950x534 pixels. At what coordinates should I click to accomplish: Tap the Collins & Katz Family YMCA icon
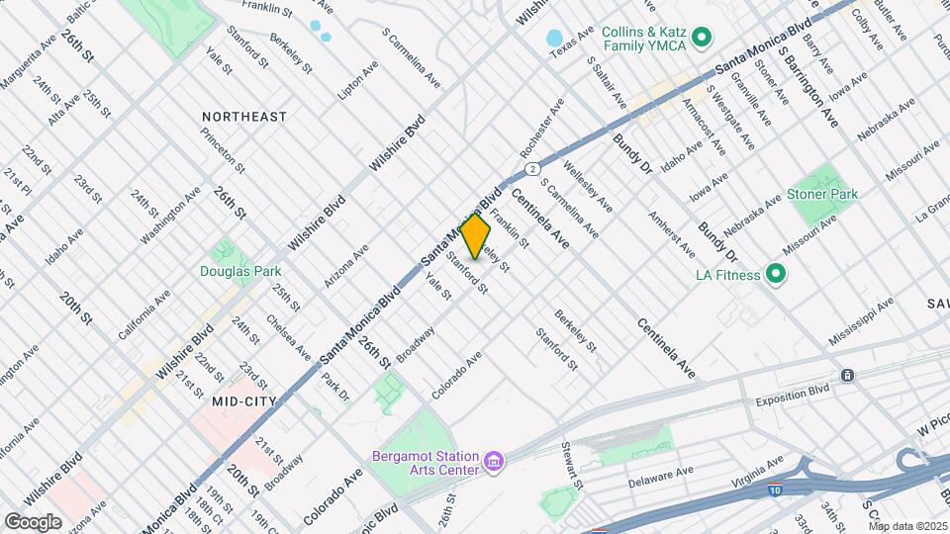702,39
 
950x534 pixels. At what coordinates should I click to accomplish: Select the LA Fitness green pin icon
777,274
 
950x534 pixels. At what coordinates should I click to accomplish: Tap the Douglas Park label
240,271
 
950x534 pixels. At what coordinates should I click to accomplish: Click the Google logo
33,521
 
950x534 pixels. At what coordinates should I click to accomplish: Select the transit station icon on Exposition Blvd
847,375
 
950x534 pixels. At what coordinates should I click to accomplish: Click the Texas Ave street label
572,40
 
